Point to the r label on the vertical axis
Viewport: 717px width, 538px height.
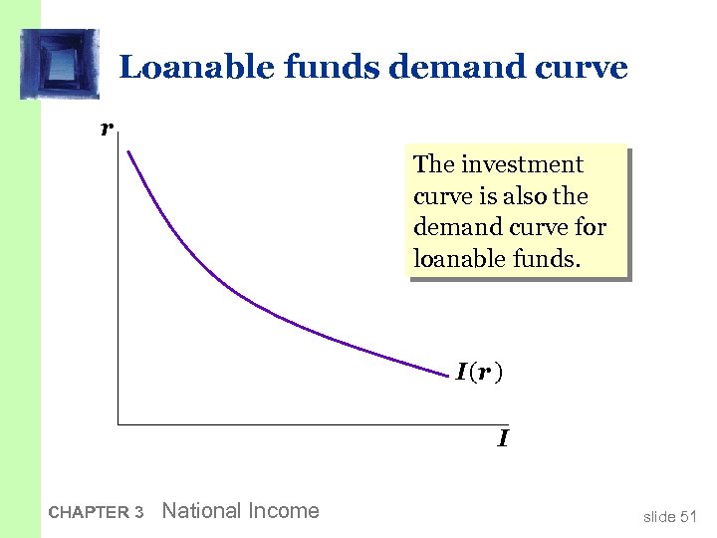tap(105, 128)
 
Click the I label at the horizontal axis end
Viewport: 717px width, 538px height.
tap(504, 438)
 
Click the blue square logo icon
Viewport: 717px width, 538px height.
tap(60, 64)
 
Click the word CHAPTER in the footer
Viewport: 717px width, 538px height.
tap(89, 513)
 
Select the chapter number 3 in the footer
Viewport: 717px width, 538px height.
tap(138, 513)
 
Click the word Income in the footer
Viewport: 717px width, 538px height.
tap(286, 511)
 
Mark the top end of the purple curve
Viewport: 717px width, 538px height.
tap(127, 151)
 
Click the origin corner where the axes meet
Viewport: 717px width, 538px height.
tap(118, 424)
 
